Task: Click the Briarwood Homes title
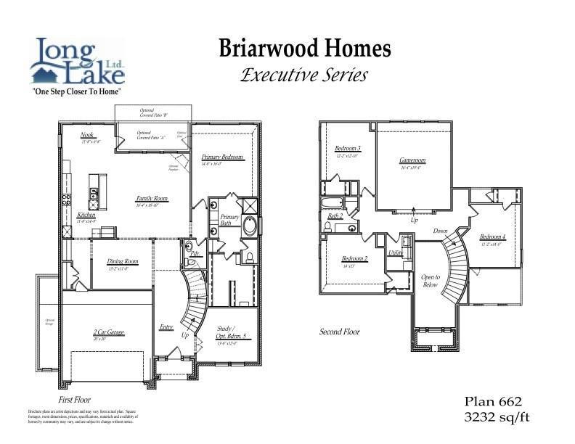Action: (x=305, y=49)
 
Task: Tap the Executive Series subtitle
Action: (x=304, y=75)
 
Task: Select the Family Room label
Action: (x=152, y=198)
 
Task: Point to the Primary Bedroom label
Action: (x=222, y=157)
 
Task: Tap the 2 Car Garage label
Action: (x=108, y=332)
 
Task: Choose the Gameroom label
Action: (x=412, y=160)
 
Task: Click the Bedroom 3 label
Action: (x=348, y=149)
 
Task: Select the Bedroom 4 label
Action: (x=492, y=237)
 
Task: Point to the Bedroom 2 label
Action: (x=354, y=259)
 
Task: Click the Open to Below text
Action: (x=431, y=281)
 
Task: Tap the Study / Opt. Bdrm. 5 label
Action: (x=232, y=332)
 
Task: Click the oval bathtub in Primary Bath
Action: (x=250, y=226)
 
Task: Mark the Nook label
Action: (x=88, y=135)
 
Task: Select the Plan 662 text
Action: (x=493, y=401)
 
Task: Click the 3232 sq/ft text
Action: (x=497, y=416)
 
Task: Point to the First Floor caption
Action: (x=74, y=400)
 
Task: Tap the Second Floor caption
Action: (x=339, y=332)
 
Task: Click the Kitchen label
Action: (x=86, y=215)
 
